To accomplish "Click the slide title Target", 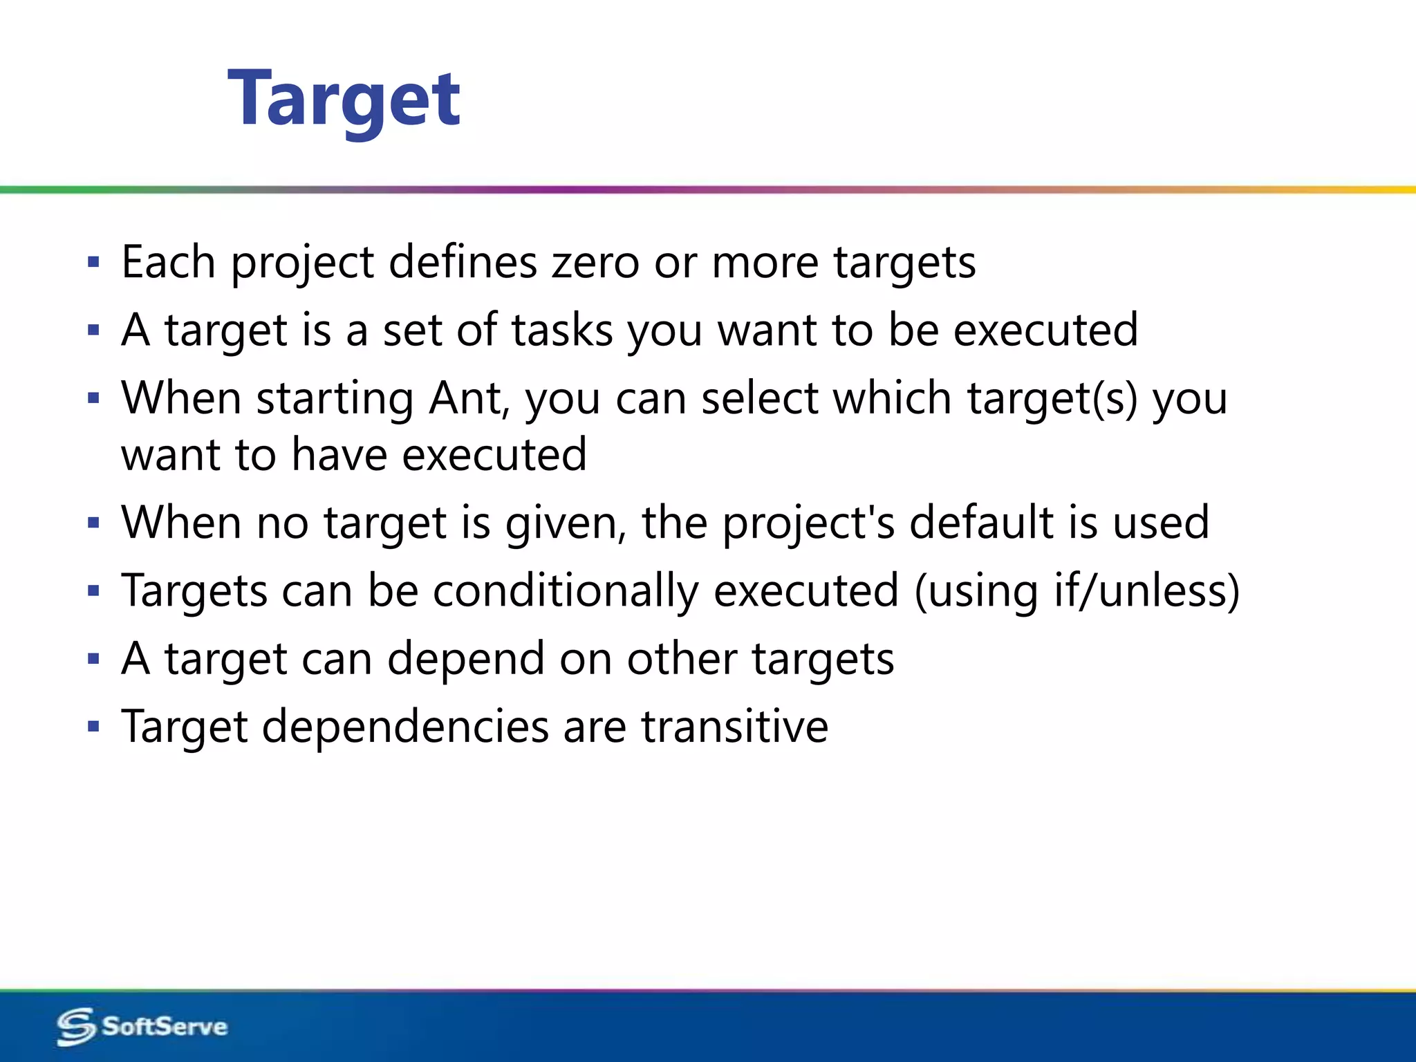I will pyautogui.click(x=344, y=100).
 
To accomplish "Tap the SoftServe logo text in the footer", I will pyautogui.click(x=165, y=1026).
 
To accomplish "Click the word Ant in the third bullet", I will pyautogui.click(x=468, y=399).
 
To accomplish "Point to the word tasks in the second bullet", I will pyautogui.click(x=562, y=330).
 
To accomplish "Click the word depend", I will pyautogui.click(x=465, y=659).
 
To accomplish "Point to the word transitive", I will pyautogui.click(x=734, y=727).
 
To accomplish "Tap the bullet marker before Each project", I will pyautogui.click(x=94, y=263).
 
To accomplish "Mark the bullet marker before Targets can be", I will pyautogui.click(x=94, y=591).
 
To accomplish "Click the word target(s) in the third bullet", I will pyautogui.click(x=1052, y=399).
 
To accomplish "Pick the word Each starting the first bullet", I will pyautogui.click(x=168, y=263).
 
